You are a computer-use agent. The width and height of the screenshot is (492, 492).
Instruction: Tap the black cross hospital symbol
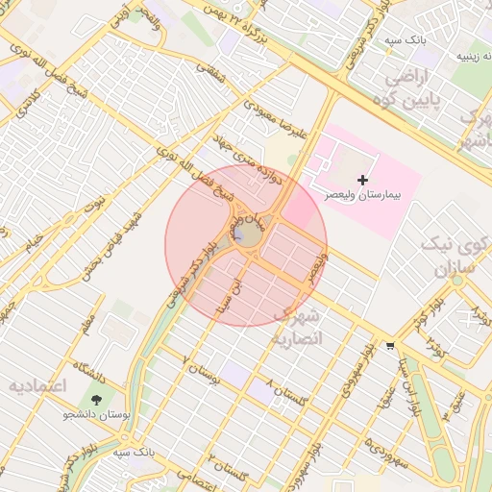(362, 179)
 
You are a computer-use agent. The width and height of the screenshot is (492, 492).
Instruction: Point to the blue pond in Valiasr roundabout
(237, 234)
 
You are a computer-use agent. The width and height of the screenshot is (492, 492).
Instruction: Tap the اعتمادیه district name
(37, 386)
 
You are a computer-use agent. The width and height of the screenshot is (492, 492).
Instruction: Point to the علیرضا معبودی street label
(279, 119)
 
